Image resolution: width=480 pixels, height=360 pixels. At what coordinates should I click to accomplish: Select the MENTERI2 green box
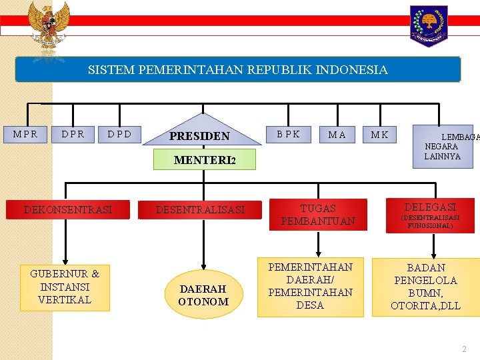205,160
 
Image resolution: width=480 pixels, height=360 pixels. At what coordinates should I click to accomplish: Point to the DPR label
73,134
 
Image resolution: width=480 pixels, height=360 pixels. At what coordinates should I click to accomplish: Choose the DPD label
119,134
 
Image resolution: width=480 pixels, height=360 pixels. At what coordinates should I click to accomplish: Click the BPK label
289,134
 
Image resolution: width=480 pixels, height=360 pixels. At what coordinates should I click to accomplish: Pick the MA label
337,135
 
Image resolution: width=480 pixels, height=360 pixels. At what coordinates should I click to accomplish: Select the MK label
380,135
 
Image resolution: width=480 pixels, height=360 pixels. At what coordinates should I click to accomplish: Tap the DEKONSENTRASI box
68,210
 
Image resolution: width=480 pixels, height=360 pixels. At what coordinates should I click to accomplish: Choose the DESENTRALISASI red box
201,210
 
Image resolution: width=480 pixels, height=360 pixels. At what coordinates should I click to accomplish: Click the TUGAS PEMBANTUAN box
318,215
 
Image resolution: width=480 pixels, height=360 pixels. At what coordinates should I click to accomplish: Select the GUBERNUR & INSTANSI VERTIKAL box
65,287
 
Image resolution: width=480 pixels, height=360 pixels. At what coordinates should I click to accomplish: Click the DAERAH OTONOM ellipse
203,294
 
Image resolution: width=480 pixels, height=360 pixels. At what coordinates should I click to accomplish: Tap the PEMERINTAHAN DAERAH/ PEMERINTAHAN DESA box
310,286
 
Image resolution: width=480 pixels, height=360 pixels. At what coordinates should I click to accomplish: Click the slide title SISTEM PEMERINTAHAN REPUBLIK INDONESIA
237,69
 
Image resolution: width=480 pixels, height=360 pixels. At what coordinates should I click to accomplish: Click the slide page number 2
465,349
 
